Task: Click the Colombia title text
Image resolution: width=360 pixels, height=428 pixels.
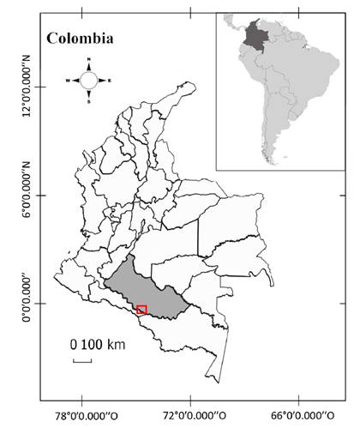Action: (81, 39)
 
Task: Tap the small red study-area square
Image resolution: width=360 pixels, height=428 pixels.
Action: (142, 310)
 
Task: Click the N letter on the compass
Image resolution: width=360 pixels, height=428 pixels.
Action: (89, 60)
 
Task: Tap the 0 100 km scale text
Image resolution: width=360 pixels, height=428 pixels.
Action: (98, 345)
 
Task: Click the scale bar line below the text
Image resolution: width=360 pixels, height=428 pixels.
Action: (82, 360)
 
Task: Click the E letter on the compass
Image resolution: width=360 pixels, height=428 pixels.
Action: (110, 80)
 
